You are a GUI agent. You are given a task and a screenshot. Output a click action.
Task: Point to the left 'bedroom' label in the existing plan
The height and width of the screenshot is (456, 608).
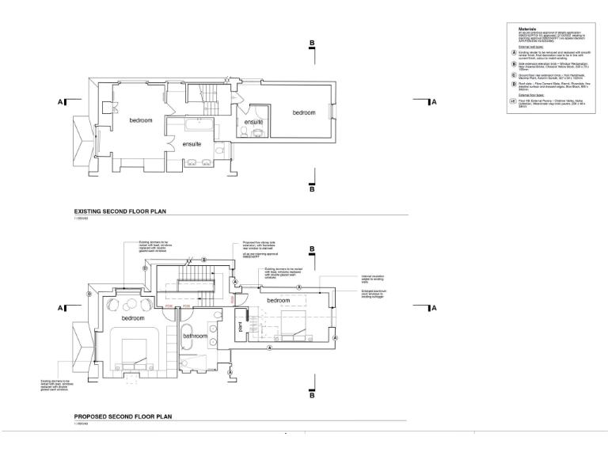tap(141, 120)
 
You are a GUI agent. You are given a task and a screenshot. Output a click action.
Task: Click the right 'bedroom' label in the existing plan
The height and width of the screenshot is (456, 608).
tap(304, 113)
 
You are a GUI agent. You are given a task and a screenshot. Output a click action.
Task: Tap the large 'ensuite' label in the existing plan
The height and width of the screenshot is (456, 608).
tap(192, 145)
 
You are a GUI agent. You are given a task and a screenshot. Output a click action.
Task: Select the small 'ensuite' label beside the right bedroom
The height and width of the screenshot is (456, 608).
tap(253, 123)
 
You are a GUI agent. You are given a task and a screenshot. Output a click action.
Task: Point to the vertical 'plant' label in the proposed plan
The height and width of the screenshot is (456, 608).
tap(240, 326)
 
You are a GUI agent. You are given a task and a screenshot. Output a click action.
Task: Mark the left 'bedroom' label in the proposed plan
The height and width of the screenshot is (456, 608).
tap(133, 317)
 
